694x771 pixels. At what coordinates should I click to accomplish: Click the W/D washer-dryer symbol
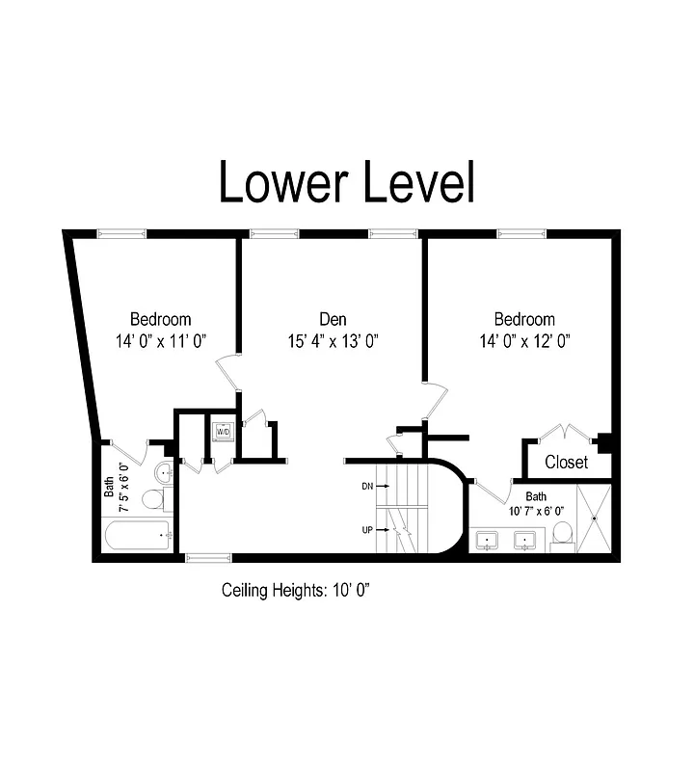(x=223, y=431)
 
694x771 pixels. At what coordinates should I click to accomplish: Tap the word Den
(x=333, y=319)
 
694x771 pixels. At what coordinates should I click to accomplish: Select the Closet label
(x=566, y=463)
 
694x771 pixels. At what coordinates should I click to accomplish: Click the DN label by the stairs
(x=367, y=487)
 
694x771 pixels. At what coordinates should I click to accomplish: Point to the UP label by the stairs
(x=367, y=530)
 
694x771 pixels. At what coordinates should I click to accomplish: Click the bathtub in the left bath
(x=137, y=534)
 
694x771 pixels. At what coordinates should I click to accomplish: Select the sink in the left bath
(x=163, y=473)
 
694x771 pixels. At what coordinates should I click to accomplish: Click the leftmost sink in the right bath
(x=488, y=540)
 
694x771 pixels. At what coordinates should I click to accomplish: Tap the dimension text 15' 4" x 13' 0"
(x=333, y=340)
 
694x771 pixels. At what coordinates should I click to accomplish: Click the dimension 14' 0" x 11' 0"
(x=161, y=340)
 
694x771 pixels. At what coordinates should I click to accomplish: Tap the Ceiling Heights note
(x=296, y=589)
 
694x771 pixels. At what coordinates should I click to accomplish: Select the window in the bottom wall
(x=207, y=557)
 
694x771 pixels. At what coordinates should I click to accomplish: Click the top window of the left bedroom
(x=121, y=232)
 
